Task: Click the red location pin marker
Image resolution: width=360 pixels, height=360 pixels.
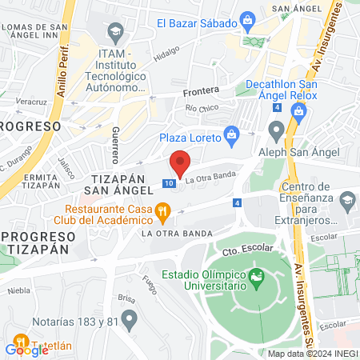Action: (x=180, y=162)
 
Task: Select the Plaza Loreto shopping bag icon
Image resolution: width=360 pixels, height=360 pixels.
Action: (x=231, y=133)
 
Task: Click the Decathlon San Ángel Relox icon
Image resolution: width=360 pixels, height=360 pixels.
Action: (x=298, y=111)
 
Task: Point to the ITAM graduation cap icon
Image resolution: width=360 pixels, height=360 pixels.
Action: (x=114, y=33)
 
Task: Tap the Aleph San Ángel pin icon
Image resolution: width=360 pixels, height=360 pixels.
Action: (x=277, y=130)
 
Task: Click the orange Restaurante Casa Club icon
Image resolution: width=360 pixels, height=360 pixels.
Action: (x=162, y=212)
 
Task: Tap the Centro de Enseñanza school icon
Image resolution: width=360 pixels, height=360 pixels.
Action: (x=347, y=198)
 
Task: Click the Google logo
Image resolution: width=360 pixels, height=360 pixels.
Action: (x=27, y=349)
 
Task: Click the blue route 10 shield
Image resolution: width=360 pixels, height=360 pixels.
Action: (x=168, y=183)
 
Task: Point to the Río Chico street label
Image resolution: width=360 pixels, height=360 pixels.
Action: (x=201, y=107)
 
